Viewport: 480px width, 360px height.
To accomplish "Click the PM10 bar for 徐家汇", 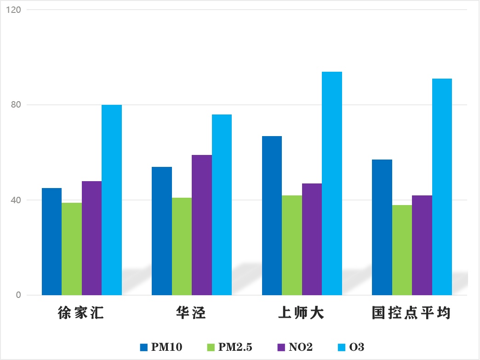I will click(x=51, y=241).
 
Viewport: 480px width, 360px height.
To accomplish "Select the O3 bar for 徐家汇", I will click(x=112, y=200).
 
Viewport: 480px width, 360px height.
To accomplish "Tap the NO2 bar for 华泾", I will click(x=202, y=225).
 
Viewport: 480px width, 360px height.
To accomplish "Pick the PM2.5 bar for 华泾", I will click(x=182, y=246).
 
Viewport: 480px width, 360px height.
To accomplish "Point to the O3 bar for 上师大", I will click(x=332, y=183).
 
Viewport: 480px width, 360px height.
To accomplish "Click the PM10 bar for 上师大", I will click(x=272, y=216).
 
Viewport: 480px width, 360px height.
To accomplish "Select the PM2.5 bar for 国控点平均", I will click(x=402, y=250).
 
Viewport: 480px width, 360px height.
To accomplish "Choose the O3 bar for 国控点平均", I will click(x=442, y=187).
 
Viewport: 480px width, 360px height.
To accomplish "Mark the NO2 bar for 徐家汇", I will click(x=91, y=238).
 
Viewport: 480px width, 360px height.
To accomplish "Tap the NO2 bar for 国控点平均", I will click(x=422, y=245).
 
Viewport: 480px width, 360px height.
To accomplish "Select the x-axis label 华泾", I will click(x=191, y=314).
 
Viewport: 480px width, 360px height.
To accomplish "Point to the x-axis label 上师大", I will click(x=302, y=314).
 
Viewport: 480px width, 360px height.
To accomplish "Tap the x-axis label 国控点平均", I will click(x=411, y=314).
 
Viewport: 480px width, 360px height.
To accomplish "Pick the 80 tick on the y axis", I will click(x=17, y=105).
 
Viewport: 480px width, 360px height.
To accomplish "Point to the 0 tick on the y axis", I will click(x=19, y=295).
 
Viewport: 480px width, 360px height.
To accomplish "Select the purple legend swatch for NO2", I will click(x=281, y=347).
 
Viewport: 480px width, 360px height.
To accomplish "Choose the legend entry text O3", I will click(x=356, y=347).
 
